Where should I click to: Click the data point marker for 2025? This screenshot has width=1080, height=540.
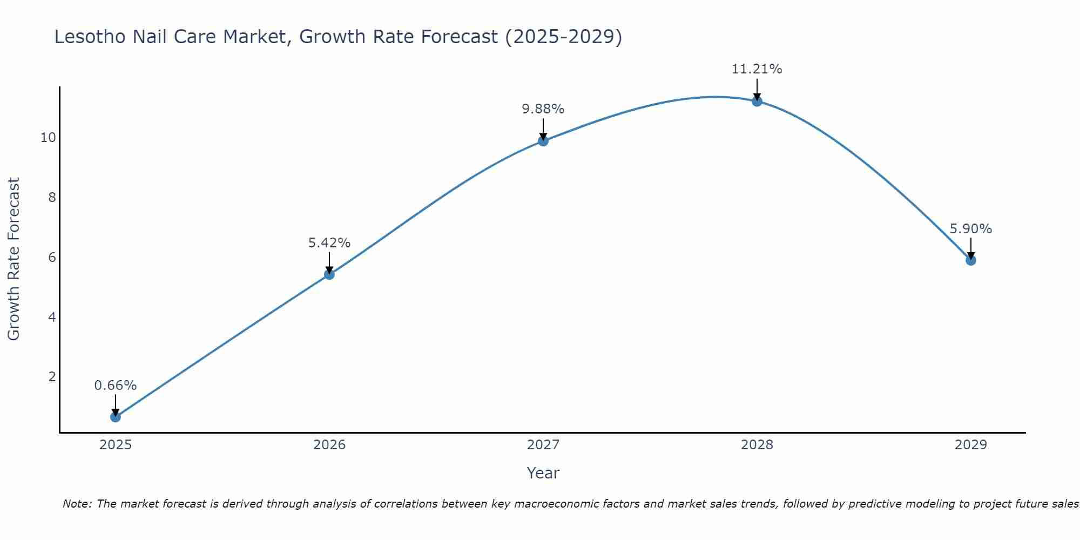(116, 417)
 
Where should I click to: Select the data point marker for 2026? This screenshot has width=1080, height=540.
(329, 274)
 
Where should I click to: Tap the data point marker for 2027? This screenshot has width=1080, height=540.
(543, 141)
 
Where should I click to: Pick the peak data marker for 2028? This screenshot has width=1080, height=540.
(757, 101)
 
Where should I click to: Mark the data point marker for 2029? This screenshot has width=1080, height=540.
(971, 260)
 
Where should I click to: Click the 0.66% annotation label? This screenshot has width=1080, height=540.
(116, 386)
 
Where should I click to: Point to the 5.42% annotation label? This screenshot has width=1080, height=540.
(329, 243)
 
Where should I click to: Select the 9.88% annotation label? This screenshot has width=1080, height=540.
(543, 109)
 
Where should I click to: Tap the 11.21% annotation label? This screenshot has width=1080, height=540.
(757, 69)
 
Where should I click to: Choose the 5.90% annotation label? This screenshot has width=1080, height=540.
(971, 229)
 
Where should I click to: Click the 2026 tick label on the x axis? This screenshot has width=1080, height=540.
(329, 445)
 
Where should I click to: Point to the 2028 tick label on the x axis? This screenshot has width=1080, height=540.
(757, 445)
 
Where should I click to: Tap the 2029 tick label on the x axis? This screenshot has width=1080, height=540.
(971, 445)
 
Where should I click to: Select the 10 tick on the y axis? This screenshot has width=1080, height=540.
(48, 138)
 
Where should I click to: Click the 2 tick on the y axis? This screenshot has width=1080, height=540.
(52, 377)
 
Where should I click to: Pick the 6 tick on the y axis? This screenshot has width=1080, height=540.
(52, 258)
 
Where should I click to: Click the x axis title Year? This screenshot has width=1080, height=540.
(543, 473)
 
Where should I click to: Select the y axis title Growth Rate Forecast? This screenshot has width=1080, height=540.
(14, 259)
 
